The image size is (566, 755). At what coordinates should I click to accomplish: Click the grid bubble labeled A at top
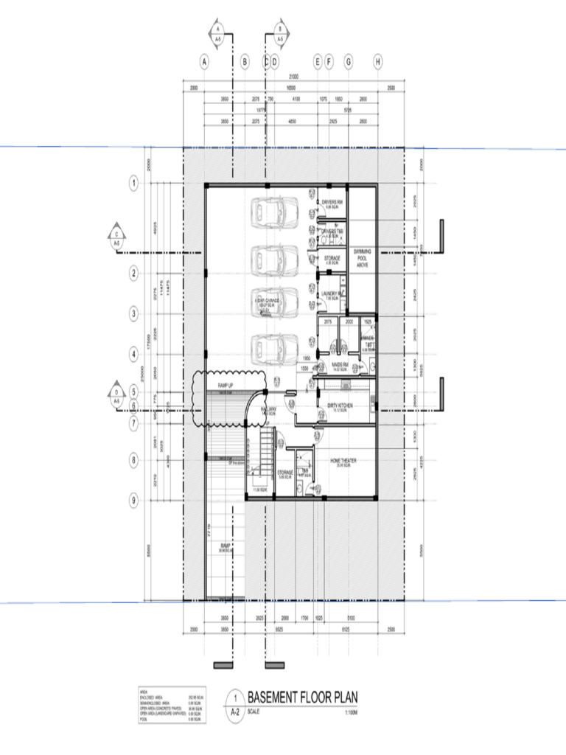[204, 62]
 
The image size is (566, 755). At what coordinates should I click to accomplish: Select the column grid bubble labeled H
[378, 62]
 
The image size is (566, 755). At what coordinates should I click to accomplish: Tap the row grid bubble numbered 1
[134, 182]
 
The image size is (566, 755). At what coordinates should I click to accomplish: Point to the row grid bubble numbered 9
[134, 501]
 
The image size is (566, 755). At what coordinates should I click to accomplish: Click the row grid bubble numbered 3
[134, 314]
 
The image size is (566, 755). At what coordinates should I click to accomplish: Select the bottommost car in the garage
[273, 347]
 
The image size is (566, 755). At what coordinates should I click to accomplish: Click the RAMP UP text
[225, 386]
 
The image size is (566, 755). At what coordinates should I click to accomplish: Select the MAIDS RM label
[339, 366]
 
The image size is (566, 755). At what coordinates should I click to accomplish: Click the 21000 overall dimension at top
[293, 77]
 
